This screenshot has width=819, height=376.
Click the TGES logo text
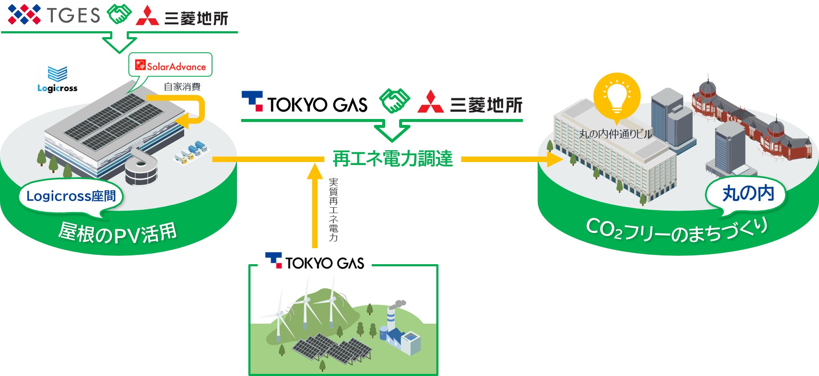(73, 15)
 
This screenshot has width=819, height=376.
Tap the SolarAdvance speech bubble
(171, 65)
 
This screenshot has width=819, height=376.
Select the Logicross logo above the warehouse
(57, 79)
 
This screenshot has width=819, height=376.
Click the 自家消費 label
(182, 87)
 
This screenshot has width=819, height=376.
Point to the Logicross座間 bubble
(71, 196)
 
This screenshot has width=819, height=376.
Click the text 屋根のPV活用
(117, 233)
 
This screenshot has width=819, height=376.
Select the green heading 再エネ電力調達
(392, 159)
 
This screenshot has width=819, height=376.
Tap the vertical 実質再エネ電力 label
(333, 209)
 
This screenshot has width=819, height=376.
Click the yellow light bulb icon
(617, 97)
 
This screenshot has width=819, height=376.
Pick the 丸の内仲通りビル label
(615, 134)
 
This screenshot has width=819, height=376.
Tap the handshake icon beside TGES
(119, 15)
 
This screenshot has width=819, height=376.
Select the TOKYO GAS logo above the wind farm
(315, 262)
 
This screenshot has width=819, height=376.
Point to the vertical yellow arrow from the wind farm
(315, 207)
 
